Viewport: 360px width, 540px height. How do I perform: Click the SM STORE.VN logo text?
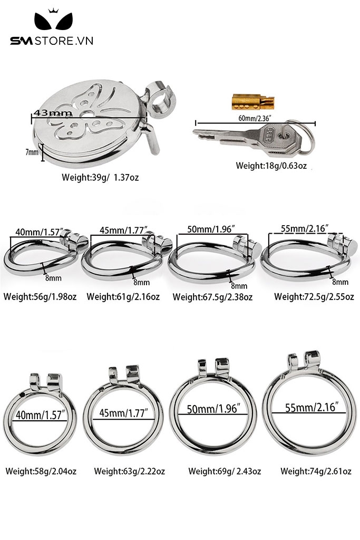(x=52, y=41)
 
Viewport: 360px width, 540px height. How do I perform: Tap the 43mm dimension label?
(x=53, y=113)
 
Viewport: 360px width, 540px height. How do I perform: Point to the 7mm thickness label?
(x=32, y=152)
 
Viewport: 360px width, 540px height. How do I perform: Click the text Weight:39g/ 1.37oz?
(x=100, y=177)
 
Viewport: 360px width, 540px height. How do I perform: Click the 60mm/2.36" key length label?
(x=255, y=118)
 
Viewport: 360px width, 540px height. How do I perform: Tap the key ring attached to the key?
(x=304, y=137)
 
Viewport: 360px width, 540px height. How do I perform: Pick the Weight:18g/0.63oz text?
(x=271, y=166)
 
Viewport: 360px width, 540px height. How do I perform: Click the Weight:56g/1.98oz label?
(x=40, y=296)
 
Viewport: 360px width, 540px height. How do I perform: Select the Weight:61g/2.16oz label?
(x=123, y=296)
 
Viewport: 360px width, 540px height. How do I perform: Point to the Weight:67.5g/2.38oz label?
(x=213, y=297)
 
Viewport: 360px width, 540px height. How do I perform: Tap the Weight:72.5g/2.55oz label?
(x=314, y=296)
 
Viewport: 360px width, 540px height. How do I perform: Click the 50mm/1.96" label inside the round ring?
(x=212, y=409)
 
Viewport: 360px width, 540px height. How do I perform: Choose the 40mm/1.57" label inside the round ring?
(x=41, y=414)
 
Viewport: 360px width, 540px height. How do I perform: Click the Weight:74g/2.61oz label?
(x=316, y=471)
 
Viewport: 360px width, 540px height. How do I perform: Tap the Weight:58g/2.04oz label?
(x=41, y=471)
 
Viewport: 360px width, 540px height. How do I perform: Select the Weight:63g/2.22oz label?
(x=130, y=471)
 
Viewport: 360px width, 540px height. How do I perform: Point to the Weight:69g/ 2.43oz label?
(x=225, y=471)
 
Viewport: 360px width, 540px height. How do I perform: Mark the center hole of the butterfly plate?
(x=88, y=115)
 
